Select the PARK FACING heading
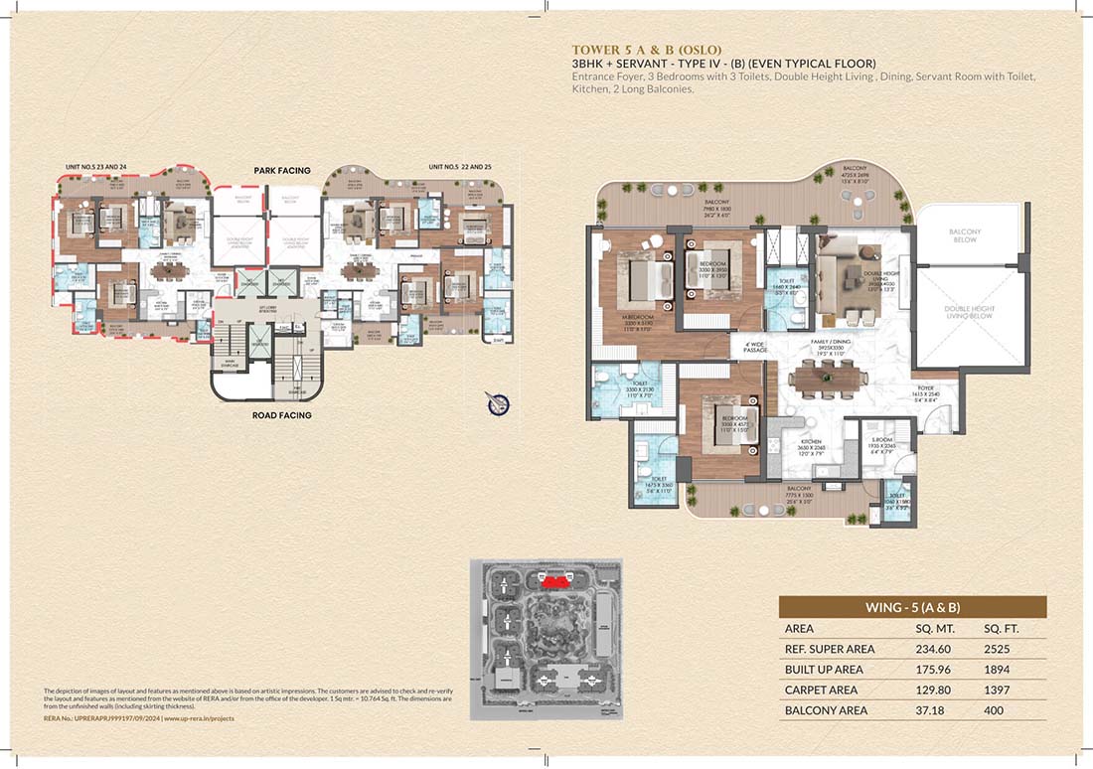[x=281, y=171]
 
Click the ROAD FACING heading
[x=281, y=415]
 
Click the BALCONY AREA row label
[x=826, y=710]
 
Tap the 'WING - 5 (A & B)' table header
[x=911, y=607]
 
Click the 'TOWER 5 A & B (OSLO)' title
[x=645, y=49]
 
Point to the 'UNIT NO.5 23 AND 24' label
[x=91, y=166]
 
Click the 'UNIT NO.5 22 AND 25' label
[x=460, y=166]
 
